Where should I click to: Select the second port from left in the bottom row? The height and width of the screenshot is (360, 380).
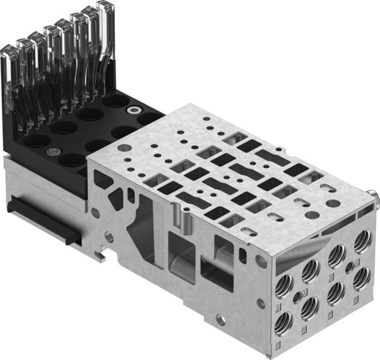point(310,309)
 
